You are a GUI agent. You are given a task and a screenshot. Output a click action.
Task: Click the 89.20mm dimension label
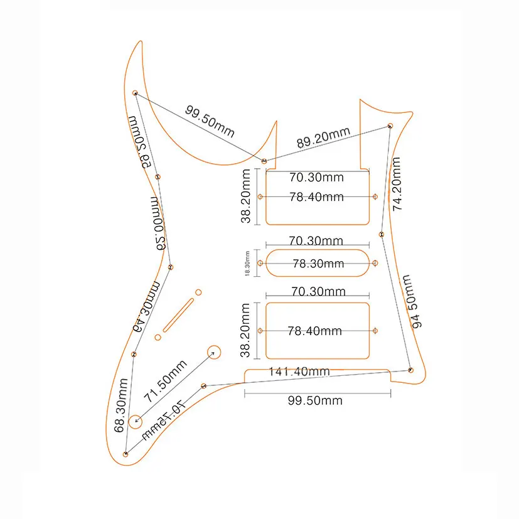click(x=323, y=138)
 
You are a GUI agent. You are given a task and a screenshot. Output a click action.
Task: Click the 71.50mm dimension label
click(x=166, y=382)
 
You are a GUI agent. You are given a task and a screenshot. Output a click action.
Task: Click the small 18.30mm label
click(x=247, y=264)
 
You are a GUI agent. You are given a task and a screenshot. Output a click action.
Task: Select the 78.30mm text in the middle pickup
click(x=317, y=264)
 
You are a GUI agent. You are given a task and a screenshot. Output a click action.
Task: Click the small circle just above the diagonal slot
click(x=198, y=292)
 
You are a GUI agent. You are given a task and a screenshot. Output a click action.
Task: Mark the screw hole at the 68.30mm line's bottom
click(x=127, y=453)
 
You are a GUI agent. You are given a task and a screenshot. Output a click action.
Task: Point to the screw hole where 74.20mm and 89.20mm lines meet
click(x=390, y=126)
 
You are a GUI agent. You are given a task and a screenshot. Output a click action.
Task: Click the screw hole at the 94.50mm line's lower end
click(x=410, y=370)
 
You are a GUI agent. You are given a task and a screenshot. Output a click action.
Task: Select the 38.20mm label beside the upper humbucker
click(x=247, y=196)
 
